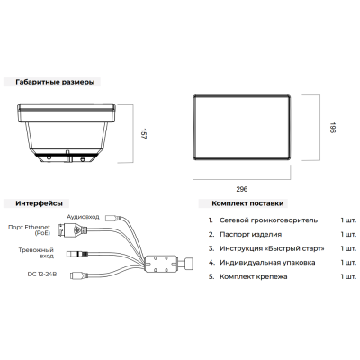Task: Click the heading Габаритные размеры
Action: pos(55,82)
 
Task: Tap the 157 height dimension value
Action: pos(143,134)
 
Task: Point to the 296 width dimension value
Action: pos(242,189)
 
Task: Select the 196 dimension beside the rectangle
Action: pos(333,128)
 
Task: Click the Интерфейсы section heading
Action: pos(40,203)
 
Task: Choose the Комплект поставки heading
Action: pos(247,203)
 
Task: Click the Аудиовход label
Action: pos(83,217)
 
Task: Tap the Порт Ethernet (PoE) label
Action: pos(29,230)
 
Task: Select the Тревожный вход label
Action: pos(36,253)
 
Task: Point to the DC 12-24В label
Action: pos(42,274)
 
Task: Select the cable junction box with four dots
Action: pos(161,264)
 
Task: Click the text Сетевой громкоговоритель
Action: pos(268,220)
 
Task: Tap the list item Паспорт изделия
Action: pos(250,235)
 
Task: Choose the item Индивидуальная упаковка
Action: pos(267,263)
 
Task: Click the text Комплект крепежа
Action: pos(254,276)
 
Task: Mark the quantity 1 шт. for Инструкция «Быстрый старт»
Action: pos(348,248)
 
